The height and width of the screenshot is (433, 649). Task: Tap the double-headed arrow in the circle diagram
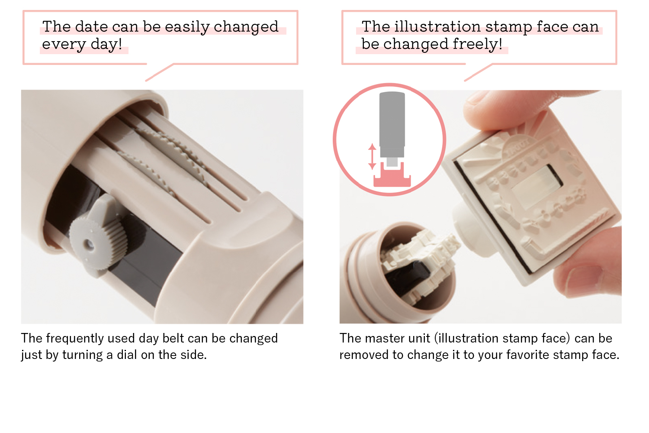372,157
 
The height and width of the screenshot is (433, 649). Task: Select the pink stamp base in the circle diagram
392,178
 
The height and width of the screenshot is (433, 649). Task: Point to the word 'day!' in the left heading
106,45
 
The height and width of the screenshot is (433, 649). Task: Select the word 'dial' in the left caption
127,355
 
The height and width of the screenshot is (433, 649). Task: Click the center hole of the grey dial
89,245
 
